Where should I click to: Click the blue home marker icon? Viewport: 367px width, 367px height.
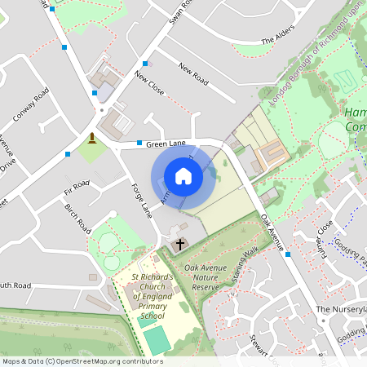click(183, 176)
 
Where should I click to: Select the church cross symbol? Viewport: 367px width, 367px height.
click(180, 244)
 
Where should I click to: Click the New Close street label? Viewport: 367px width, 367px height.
click(150, 83)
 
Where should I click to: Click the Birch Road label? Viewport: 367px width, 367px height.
click(77, 219)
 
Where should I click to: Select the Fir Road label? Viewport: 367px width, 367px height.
click(76, 188)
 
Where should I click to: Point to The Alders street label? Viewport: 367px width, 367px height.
click(276, 41)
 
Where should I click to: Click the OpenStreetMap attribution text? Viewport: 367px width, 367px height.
click(82, 360)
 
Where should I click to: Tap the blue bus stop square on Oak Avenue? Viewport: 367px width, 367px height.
click(288, 254)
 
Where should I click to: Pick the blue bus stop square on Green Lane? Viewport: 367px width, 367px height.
click(139, 144)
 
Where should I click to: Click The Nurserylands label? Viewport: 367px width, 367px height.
click(342, 310)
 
